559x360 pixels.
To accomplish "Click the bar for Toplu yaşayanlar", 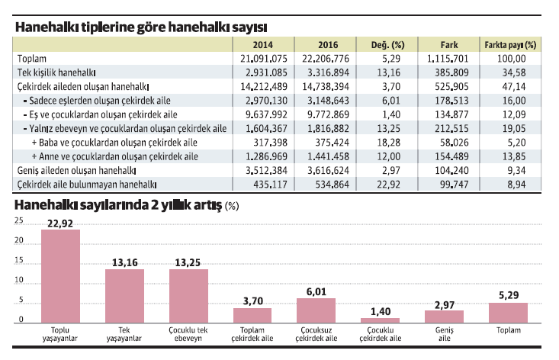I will [60, 276].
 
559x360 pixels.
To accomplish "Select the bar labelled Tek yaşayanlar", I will [124, 296].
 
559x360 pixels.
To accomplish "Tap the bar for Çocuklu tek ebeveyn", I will [188, 296].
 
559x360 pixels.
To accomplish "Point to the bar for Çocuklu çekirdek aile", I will [380, 320].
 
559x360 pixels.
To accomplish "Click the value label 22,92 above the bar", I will [60, 223].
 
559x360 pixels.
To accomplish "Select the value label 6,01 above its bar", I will [316, 291].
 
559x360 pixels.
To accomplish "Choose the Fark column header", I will [449, 44].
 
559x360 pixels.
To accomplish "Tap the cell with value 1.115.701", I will [449, 58].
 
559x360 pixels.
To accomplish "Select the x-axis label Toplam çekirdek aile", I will [252, 333].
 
